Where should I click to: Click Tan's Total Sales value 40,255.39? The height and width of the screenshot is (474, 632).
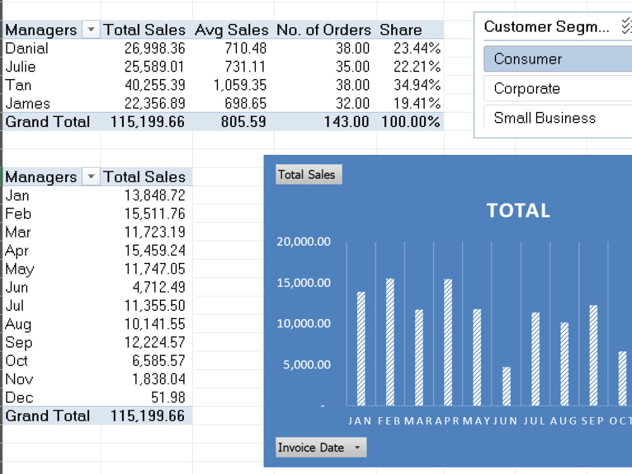click(154, 85)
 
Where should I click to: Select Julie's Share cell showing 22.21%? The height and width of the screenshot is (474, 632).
click(416, 66)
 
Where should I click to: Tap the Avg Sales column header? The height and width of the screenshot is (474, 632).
click(231, 30)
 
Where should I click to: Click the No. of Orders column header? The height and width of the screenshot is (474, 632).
click(324, 30)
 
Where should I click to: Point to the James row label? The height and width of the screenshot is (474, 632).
click(28, 104)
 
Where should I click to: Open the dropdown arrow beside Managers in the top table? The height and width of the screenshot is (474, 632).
click(91, 30)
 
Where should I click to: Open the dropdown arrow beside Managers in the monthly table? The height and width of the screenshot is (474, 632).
click(91, 176)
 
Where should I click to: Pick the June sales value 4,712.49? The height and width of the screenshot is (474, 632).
click(159, 287)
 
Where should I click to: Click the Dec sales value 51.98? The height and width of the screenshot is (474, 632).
click(168, 398)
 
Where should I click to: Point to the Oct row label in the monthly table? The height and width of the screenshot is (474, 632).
click(16, 361)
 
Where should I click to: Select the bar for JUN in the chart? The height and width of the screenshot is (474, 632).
click(506, 386)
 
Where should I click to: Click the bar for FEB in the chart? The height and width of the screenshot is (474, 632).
click(390, 342)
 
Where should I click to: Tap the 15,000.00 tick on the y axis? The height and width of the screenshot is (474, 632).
click(303, 283)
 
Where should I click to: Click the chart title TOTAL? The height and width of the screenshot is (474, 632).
click(518, 210)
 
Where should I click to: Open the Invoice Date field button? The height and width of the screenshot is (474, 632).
click(321, 447)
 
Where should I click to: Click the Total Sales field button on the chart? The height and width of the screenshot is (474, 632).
click(309, 174)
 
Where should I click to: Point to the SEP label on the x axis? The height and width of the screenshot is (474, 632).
click(593, 421)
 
